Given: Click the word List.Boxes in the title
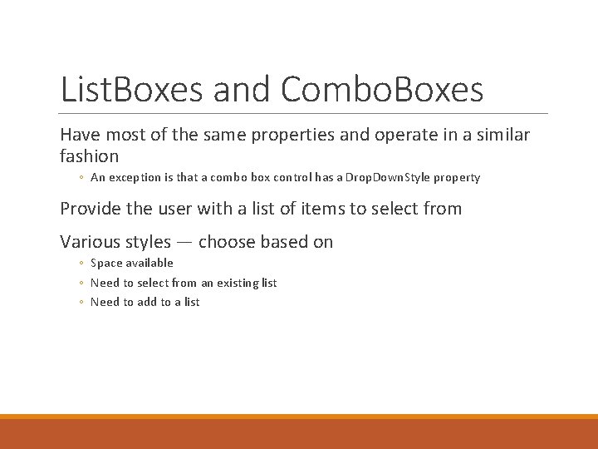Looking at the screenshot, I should pos(133,90).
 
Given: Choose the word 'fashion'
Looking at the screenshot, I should pos(90,155).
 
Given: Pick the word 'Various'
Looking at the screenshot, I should pos(90,242).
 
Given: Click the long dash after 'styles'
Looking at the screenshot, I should pos(184,243).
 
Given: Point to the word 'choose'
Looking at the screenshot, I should pos(227,242).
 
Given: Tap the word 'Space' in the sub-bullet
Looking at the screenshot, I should pos(106,263).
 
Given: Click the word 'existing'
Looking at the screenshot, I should pos(230,283).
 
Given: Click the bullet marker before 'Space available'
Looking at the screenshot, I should pos(81,264).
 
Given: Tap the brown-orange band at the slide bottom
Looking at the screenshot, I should pos(299,433).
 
